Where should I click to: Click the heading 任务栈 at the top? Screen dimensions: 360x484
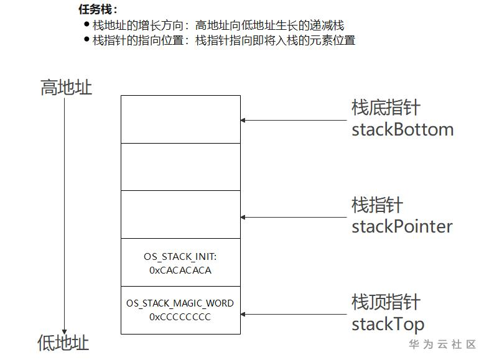[x=98, y=10]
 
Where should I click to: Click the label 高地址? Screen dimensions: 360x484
[x=66, y=88]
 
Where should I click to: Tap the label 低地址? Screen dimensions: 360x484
[x=63, y=343]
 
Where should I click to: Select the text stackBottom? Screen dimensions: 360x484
[x=403, y=129]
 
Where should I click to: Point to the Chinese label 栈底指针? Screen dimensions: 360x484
[x=386, y=108]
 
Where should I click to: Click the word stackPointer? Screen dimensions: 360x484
[x=402, y=226]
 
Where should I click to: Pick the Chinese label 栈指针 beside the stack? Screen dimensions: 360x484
[x=377, y=205]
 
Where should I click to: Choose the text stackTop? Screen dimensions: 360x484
[x=388, y=323]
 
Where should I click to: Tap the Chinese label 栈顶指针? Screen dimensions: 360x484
[x=386, y=302]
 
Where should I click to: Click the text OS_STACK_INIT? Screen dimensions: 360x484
[x=180, y=256]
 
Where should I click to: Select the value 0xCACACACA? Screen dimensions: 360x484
[x=180, y=270]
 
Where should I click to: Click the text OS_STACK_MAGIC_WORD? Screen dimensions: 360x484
[x=180, y=303]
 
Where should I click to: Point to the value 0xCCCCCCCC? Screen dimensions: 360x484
[x=180, y=317]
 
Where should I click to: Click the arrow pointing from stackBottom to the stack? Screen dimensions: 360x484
[x=292, y=120]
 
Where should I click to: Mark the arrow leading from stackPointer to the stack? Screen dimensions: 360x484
[x=292, y=217]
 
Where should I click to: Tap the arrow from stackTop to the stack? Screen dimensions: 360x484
[x=292, y=315]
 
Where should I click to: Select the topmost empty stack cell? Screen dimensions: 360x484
[x=180, y=119]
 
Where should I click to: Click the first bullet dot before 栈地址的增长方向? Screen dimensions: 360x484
[x=86, y=25]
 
